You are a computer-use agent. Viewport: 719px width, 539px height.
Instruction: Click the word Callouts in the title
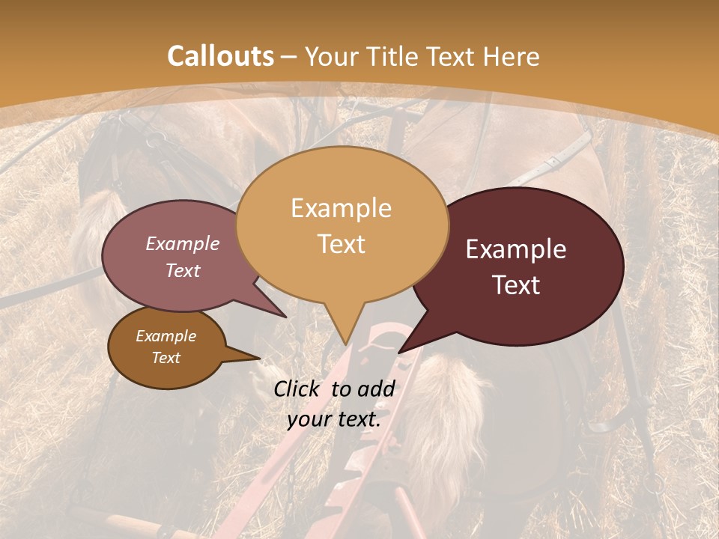click(220, 56)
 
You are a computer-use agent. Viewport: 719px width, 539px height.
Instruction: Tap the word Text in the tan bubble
click(342, 243)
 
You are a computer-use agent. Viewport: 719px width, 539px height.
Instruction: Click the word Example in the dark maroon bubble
click(516, 249)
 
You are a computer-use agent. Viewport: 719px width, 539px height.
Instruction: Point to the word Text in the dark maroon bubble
click(516, 285)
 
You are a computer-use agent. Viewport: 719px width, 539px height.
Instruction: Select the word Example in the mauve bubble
click(183, 243)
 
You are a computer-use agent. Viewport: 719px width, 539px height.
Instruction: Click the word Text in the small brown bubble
click(166, 358)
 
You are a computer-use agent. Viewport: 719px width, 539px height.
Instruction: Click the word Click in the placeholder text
click(297, 389)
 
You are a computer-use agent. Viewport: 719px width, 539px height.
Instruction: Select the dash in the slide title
click(289, 56)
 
